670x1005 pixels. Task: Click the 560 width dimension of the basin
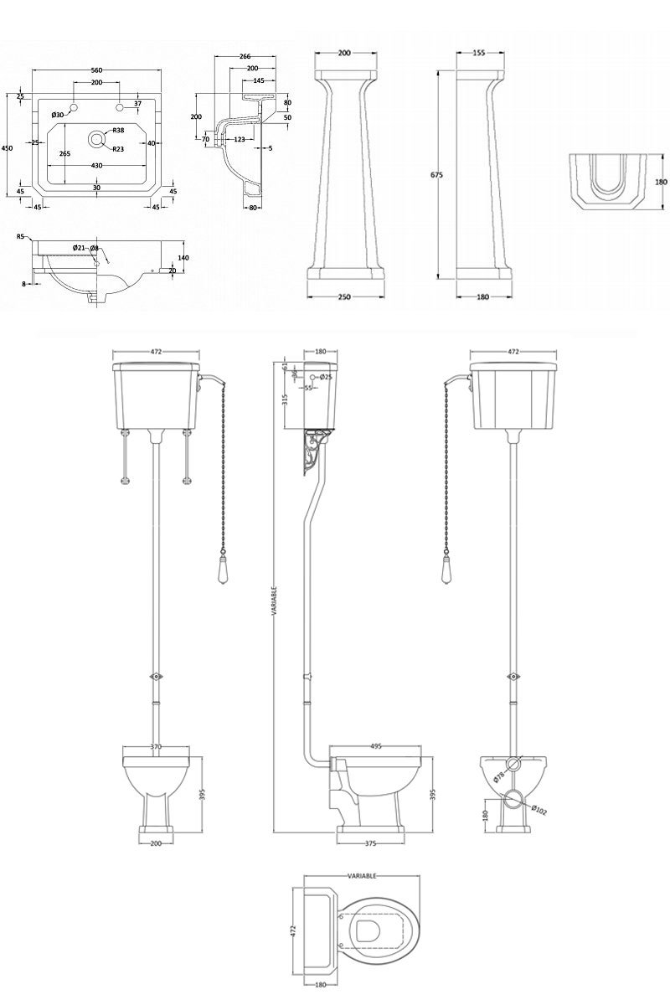[x=96, y=70]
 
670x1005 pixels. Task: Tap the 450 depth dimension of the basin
[x=7, y=147]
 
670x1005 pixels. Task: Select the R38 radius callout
[x=118, y=131]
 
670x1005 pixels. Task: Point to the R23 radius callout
[x=118, y=149]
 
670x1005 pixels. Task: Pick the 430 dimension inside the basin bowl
[x=96, y=166]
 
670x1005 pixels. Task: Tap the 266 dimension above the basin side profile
[x=245, y=56]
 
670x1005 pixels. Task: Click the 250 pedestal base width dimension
[x=343, y=296]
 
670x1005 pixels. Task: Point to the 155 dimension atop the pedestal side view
[x=478, y=53]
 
